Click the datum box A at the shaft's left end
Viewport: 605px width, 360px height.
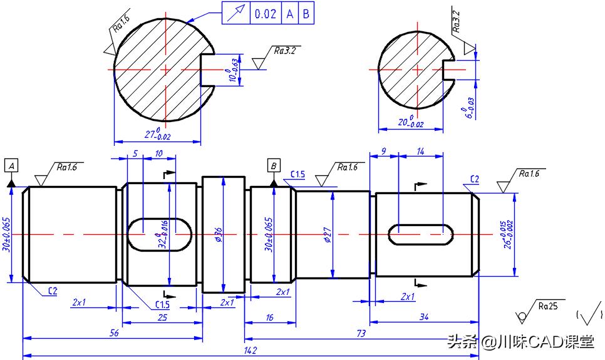12,165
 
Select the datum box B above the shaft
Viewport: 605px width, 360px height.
274,165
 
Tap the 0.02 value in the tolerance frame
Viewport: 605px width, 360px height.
266,14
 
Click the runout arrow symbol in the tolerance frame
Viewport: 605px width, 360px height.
236,14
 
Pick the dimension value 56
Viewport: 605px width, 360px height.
114,334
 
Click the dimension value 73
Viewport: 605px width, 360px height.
361,334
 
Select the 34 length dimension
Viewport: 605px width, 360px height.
424,317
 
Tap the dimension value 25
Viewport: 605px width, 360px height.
162,317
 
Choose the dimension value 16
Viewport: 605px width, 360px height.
269,317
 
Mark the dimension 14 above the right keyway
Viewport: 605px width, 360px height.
420,151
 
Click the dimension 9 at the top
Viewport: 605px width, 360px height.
383,151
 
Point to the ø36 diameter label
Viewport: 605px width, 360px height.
218,234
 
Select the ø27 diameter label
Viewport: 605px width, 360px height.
326,235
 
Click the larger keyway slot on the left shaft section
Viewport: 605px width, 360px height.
160,234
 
